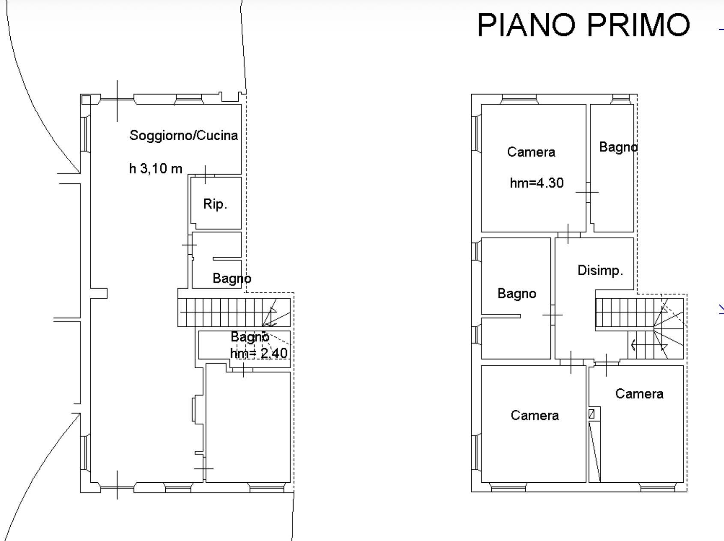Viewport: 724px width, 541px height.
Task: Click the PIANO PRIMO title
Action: point(583,24)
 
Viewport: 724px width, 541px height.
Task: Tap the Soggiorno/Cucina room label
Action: point(183,135)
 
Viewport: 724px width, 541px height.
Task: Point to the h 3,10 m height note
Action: point(156,168)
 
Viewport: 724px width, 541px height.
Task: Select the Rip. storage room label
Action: point(215,204)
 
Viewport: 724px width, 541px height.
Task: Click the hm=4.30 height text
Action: point(537,183)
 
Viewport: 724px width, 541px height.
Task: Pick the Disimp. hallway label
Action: point(600,270)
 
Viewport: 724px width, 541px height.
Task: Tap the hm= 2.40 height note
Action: point(259,353)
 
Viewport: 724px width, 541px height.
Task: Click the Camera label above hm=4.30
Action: point(531,152)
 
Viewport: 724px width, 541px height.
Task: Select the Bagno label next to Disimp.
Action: point(517,294)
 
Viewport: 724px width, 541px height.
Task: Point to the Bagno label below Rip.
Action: point(232,279)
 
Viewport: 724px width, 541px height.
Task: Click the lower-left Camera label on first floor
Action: point(535,415)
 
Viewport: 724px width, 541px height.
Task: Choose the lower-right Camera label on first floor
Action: point(639,394)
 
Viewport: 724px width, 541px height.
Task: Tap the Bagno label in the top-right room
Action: point(618,147)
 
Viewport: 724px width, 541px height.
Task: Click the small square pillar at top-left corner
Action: point(86,100)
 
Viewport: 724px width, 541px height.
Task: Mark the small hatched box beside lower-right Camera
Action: point(592,414)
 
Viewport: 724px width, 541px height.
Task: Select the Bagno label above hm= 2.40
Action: point(250,337)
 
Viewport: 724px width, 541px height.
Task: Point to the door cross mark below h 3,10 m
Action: point(205,174)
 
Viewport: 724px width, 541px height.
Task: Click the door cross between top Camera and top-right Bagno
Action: point(587,192)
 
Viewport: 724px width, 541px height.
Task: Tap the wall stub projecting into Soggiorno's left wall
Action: point(99,294)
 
